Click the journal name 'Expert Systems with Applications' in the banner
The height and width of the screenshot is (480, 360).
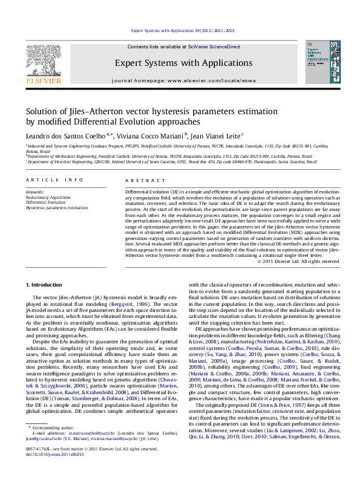pos(183,63)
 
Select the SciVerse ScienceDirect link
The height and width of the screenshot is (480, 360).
pos(214,47)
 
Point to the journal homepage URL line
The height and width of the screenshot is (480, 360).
pos(183,80)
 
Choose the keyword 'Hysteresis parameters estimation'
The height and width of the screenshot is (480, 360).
pos(56,207)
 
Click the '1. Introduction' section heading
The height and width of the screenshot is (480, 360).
pos(45,284)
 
